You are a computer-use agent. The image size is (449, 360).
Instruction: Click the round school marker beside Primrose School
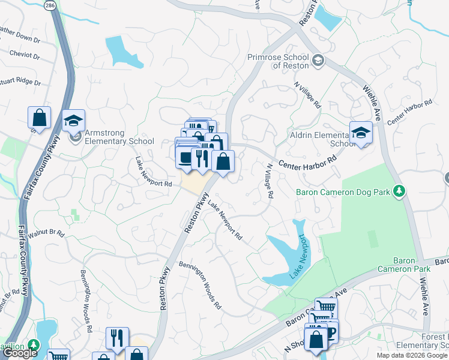coord(318,61)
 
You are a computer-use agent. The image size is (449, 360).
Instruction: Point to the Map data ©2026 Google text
coord(412,355)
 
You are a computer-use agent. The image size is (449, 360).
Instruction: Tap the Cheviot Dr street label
coord(24,55)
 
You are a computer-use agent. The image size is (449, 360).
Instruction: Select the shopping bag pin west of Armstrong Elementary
coord(39,118)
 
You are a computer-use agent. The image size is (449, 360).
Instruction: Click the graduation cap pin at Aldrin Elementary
coord(361,134)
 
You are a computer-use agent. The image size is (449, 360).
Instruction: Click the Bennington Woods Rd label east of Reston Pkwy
coord(200,285)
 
